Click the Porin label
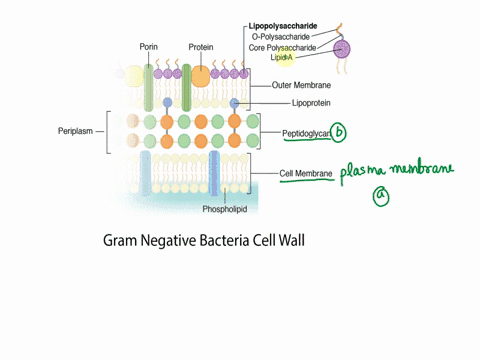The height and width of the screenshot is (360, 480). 149,46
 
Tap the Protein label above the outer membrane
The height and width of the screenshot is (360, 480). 200,46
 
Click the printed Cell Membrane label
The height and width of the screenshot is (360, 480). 308,172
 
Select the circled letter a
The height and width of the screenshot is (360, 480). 380,198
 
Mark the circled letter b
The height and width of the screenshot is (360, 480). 340,130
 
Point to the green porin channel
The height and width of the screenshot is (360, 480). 149,87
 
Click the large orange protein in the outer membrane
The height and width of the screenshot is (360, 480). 201,75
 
